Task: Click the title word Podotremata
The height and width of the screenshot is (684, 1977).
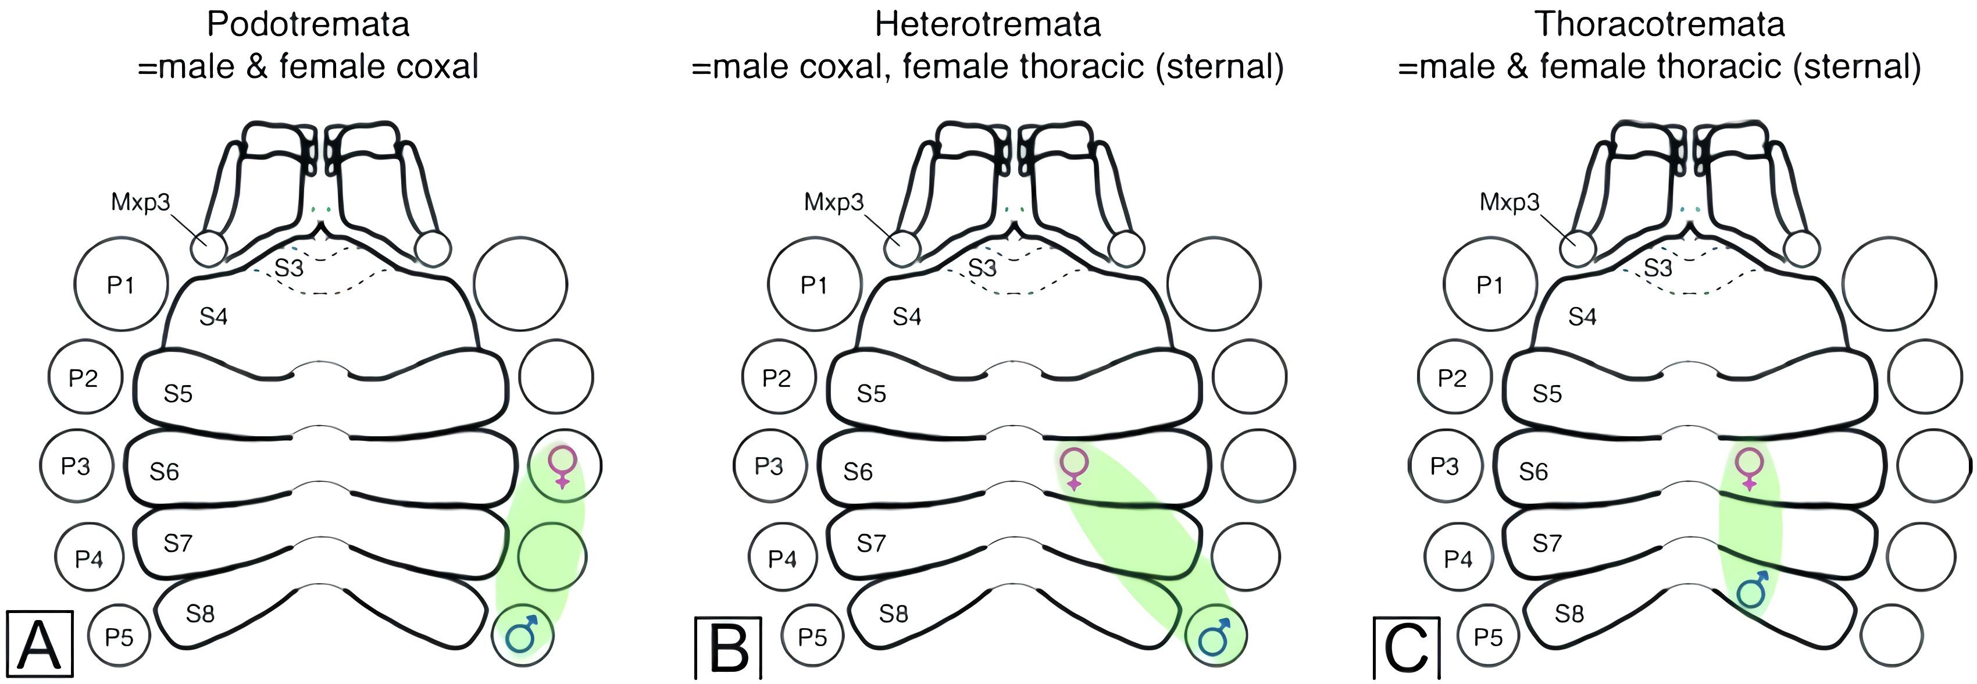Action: click(x=308, y=24)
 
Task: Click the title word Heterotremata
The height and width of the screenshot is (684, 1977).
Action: click(x=988, y=24)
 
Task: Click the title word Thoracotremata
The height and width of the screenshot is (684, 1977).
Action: click(x=1660, y=24)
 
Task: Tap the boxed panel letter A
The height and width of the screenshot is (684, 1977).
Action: click(x=39, y=644)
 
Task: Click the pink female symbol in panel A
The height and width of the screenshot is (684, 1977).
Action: click(x=563, y=466)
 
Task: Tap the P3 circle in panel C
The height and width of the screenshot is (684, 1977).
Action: click(x=1444, y=466)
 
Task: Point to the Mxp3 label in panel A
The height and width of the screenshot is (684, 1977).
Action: click(x=141, y=202)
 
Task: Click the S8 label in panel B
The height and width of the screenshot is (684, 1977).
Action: click(x=893, y=614)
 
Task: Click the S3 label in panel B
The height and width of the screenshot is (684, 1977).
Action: click(x=982, y=268)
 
